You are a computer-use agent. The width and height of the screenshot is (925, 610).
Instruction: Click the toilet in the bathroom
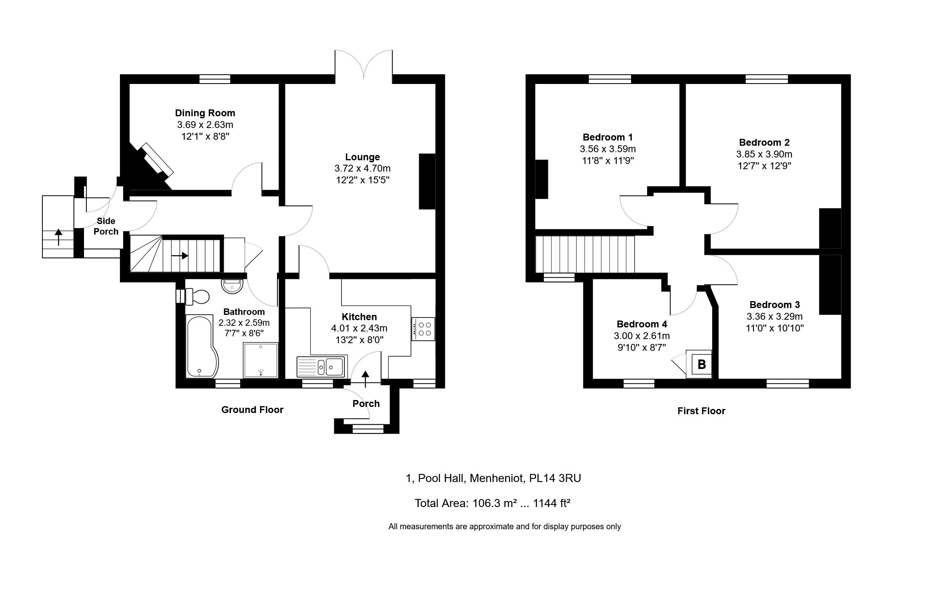[197, 297]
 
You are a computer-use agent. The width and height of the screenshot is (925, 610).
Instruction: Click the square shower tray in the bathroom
[261, 360]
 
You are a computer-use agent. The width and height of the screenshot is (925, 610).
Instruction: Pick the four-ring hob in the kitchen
[423, 329]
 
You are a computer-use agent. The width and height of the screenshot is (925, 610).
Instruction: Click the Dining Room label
[205, 113]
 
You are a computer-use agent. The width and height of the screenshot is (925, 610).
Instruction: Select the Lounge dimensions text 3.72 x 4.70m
[363, 168]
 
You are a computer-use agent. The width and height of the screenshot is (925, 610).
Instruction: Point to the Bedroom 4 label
[642, 324]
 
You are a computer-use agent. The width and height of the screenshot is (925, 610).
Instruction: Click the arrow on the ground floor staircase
[180, 256]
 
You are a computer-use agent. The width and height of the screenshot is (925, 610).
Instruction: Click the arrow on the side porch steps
[59, 237]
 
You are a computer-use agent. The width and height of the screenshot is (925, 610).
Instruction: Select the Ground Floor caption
[252, 410]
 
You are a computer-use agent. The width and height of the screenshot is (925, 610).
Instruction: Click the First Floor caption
[701, 411]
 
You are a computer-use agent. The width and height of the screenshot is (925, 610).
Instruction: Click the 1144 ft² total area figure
[552, 503]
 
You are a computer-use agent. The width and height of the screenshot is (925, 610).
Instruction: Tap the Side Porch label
[106, 226]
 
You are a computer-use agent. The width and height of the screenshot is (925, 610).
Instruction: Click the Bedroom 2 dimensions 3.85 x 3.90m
[764, 154]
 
